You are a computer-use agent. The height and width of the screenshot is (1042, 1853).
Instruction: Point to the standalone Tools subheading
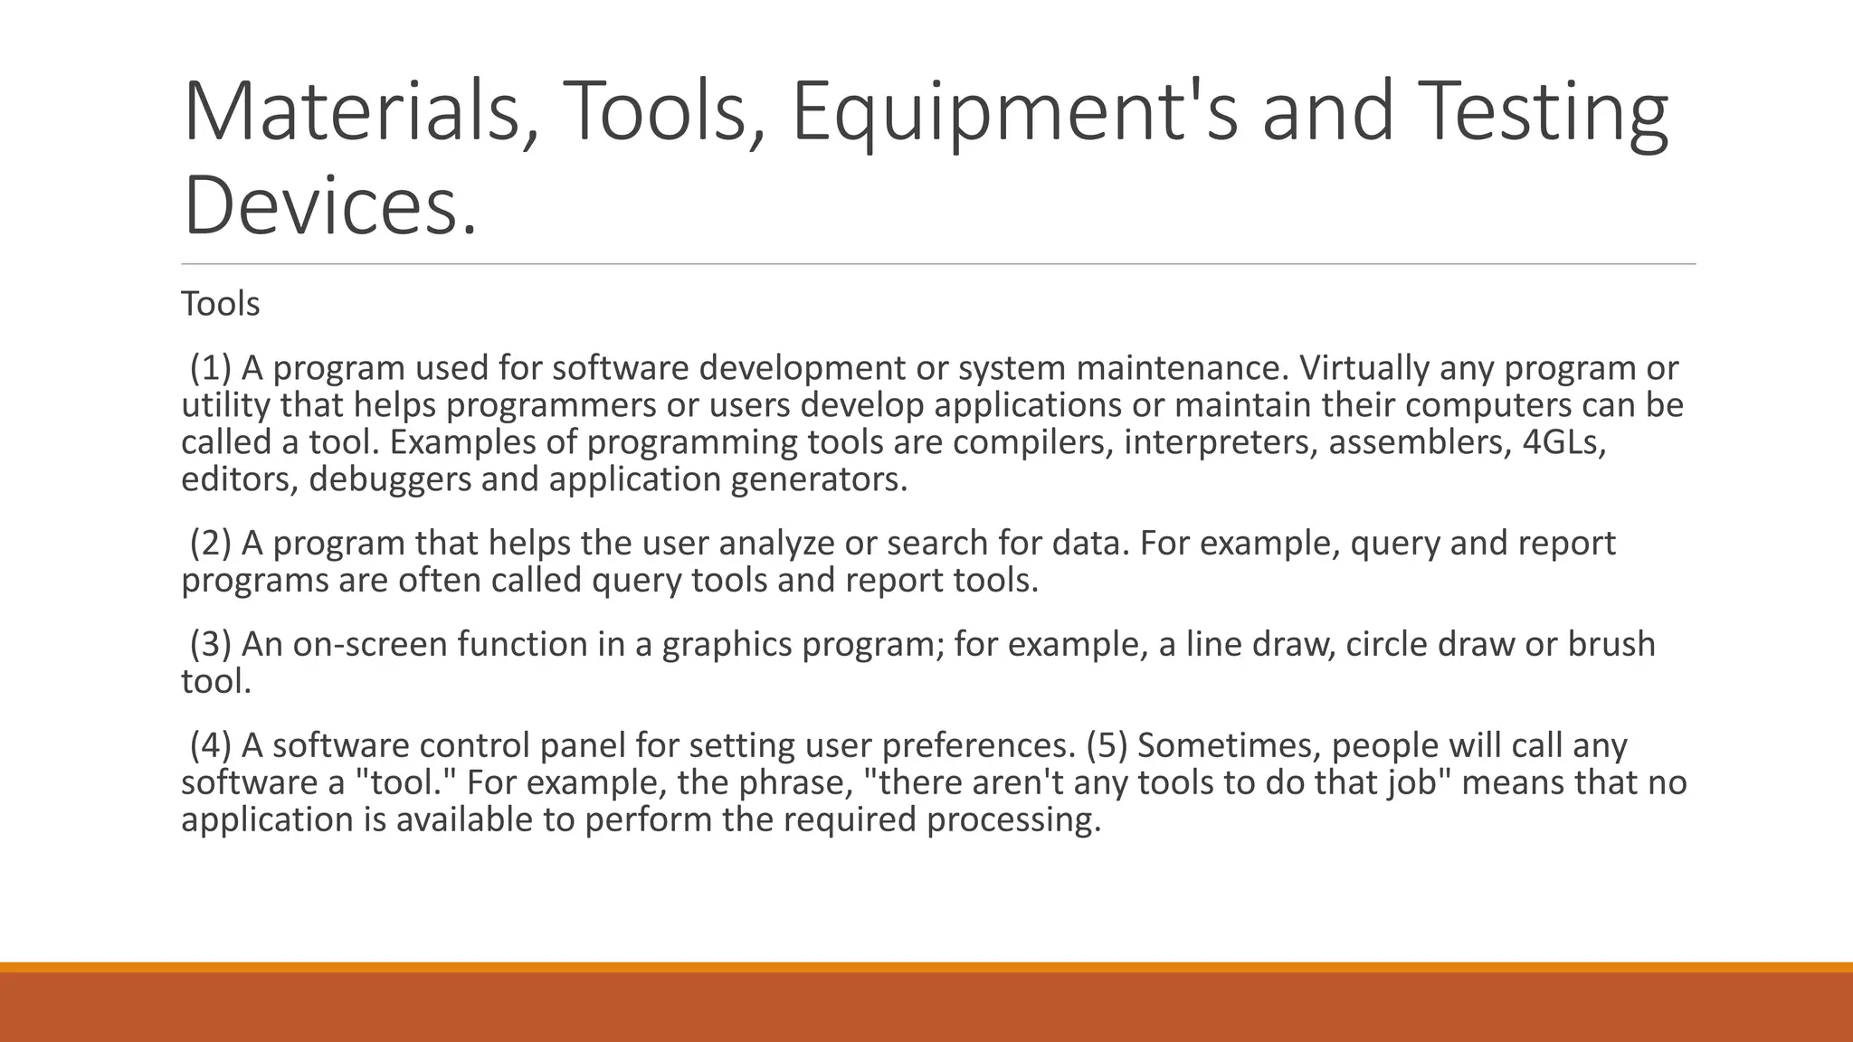(220, 304)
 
